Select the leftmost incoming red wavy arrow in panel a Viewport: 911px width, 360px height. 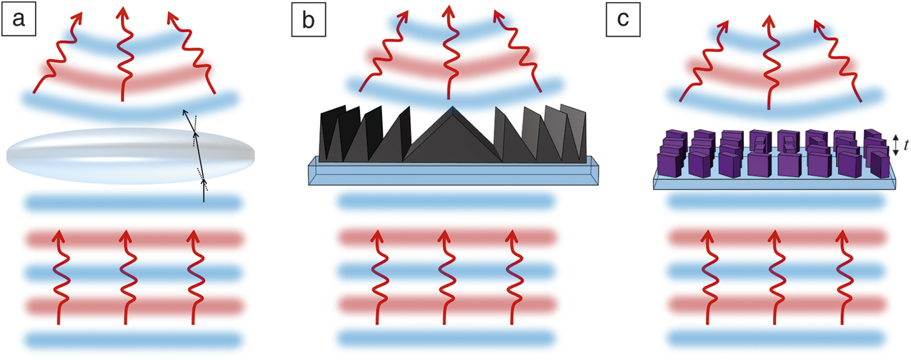pos(58,279)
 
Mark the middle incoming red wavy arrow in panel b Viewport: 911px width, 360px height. pos(442,279)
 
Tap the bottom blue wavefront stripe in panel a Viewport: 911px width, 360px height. pos(132,339)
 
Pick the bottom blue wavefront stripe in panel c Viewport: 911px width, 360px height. pos(775,337)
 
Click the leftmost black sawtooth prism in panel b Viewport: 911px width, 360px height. pos(328,136)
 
